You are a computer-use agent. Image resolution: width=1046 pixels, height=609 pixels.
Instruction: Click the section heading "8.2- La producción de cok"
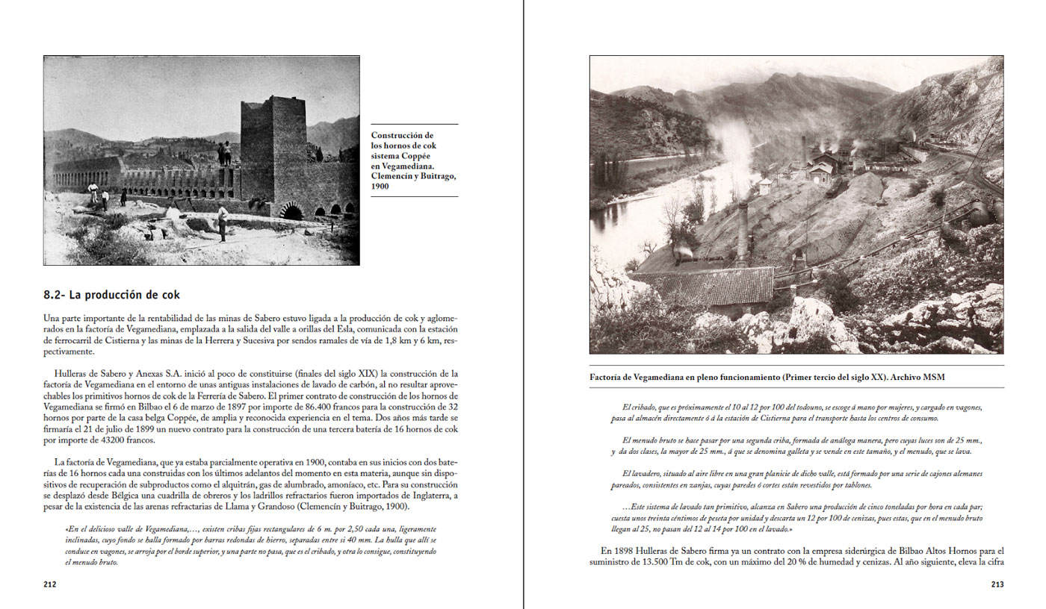click(x=111, y=295)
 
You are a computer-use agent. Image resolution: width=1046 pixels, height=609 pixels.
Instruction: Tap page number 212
click(x=50, y=584)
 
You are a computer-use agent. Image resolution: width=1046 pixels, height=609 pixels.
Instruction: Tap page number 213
click(x=997, y=584)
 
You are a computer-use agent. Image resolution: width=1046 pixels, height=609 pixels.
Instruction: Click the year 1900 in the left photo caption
click(x=381, y=187)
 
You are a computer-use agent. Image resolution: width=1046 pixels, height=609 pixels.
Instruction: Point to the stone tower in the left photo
click(x=273, y=146)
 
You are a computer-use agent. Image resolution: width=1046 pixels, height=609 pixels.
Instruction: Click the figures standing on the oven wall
click(x=224, y=152)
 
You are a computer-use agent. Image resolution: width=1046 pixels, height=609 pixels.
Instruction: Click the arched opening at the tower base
click(x=292, y=213)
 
